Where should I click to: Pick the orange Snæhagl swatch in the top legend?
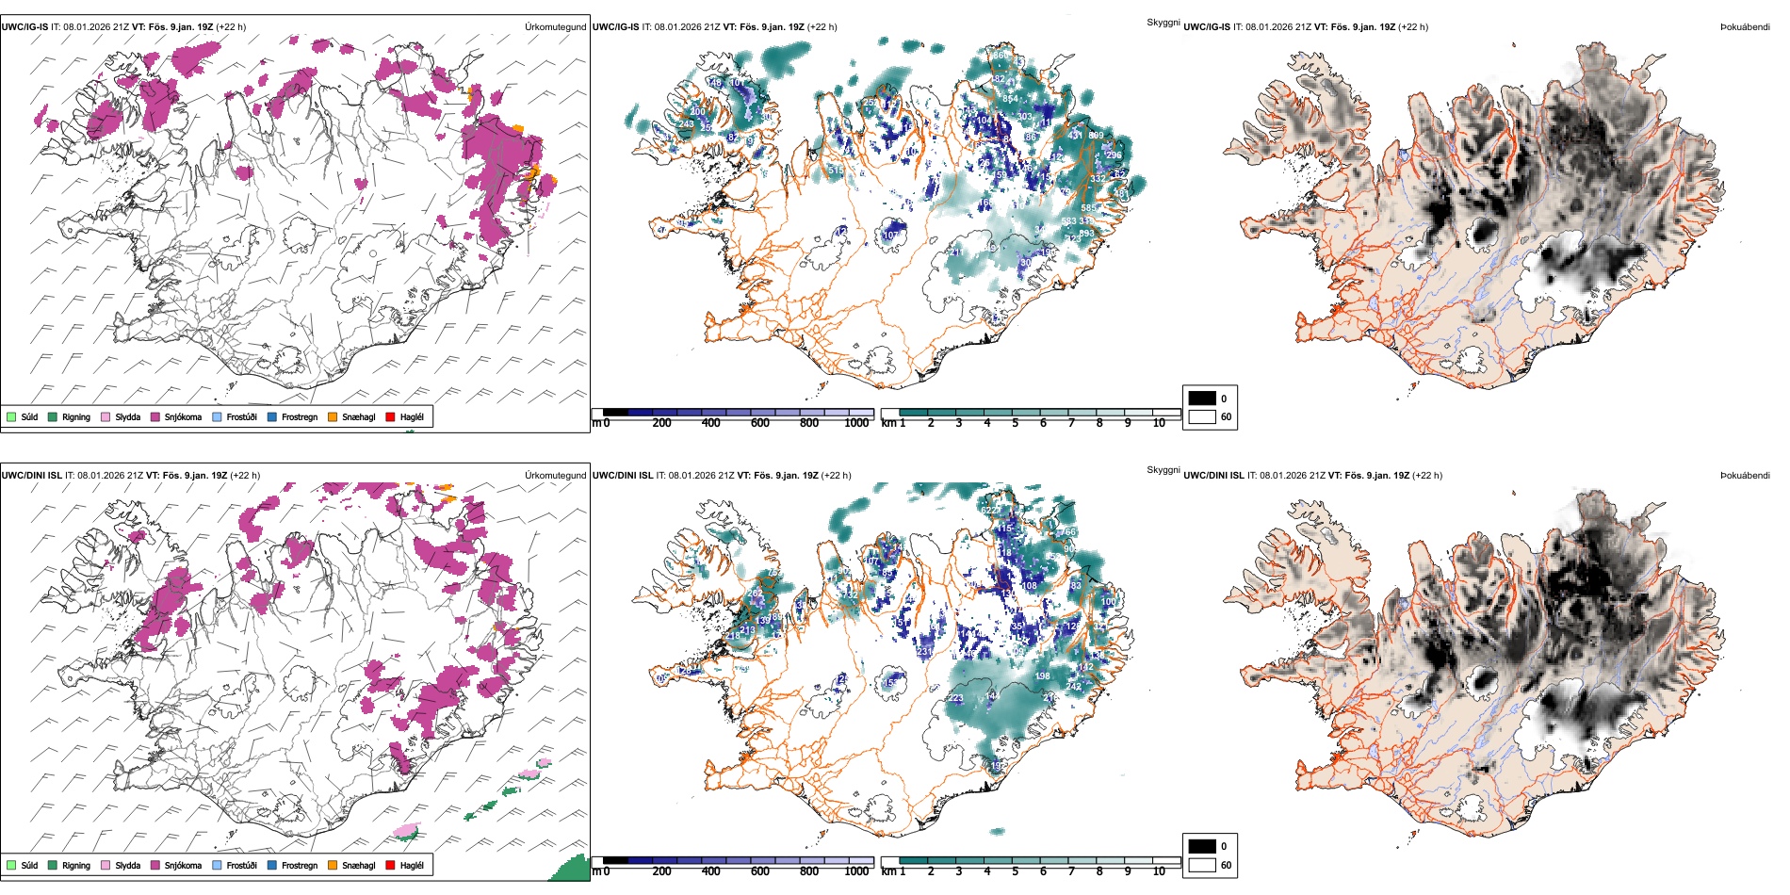333,417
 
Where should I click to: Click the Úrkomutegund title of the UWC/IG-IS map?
555,27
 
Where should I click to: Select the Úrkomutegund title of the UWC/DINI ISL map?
555,476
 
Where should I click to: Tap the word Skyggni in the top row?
1163,22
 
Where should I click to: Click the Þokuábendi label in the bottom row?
1745,476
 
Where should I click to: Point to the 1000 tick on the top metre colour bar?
856,423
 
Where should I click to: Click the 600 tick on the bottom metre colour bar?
759,871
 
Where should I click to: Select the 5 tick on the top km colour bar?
1015,423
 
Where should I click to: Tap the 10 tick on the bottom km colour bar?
1159,871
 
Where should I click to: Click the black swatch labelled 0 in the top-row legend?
1202,399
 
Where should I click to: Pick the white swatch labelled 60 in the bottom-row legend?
1202,865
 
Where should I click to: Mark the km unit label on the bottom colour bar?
887,871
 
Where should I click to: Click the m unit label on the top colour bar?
595,423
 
